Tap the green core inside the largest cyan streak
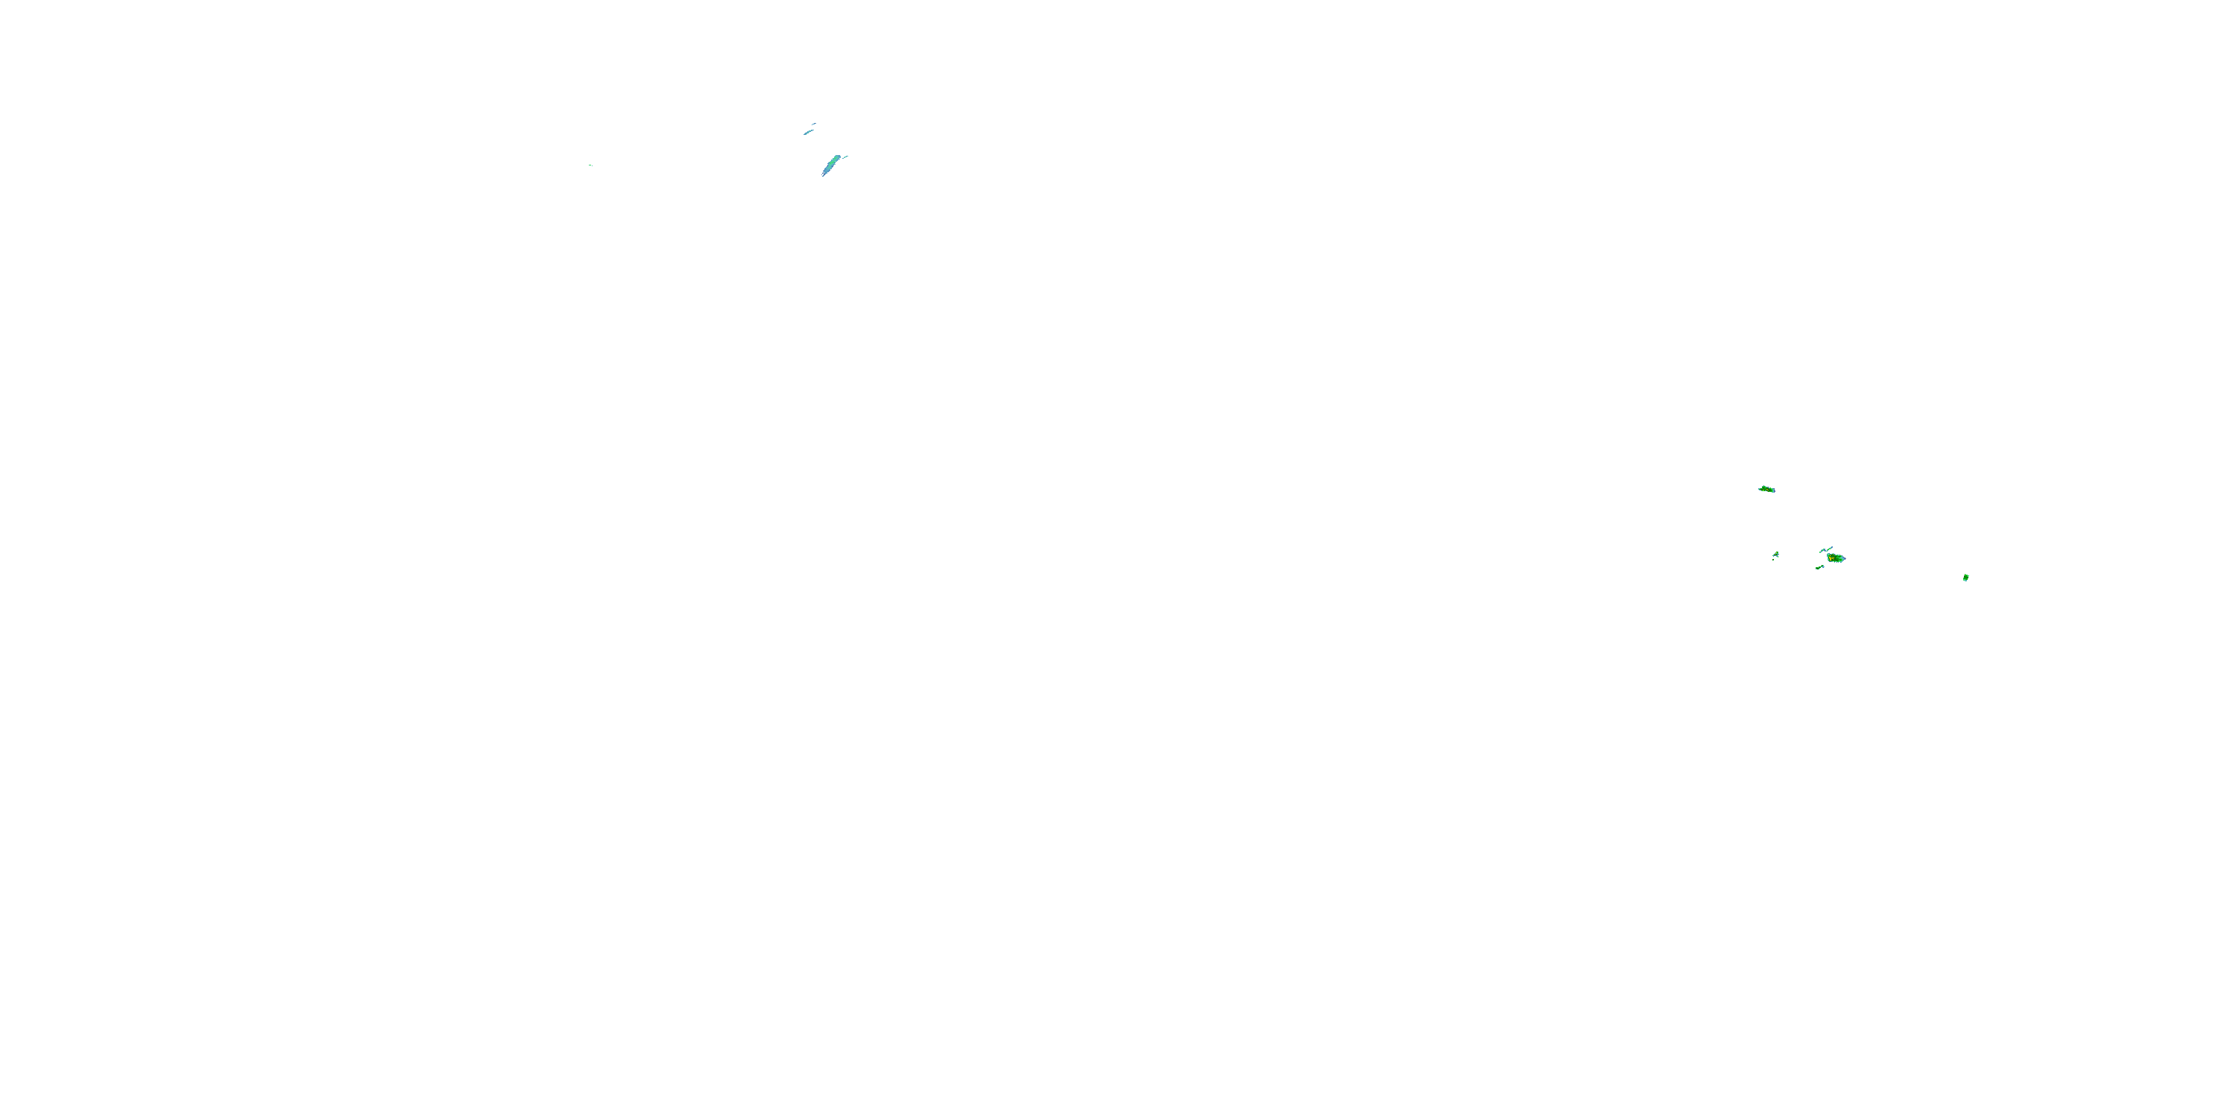833,162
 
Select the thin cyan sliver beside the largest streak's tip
845,157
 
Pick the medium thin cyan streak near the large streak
809,132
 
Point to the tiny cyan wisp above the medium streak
814,124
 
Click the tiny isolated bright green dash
590,165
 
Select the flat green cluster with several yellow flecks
1766,490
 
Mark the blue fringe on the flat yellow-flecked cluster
1774,491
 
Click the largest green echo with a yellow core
1836,559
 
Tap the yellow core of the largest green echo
1831,558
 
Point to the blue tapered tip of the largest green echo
1845,559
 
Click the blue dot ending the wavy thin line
1832,548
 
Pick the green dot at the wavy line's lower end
1820,553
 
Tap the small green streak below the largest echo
1819,568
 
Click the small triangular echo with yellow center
1777,555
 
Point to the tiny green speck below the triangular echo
1773,560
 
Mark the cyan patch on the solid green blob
1966,581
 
